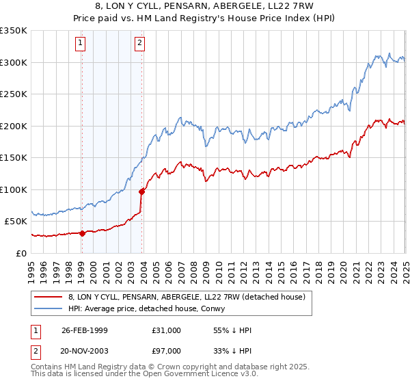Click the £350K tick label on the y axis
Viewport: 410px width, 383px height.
(x=14, y=31)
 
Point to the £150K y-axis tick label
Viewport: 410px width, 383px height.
(x=14, y=158)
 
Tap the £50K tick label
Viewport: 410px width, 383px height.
(x=16, y=222)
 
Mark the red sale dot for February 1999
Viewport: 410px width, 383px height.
(x=82, y=233)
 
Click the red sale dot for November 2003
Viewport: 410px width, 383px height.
(x=141, y=191)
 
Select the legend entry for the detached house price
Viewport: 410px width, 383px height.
(x=191, y=296)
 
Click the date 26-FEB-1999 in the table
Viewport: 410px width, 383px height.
(x=85, y=330)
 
